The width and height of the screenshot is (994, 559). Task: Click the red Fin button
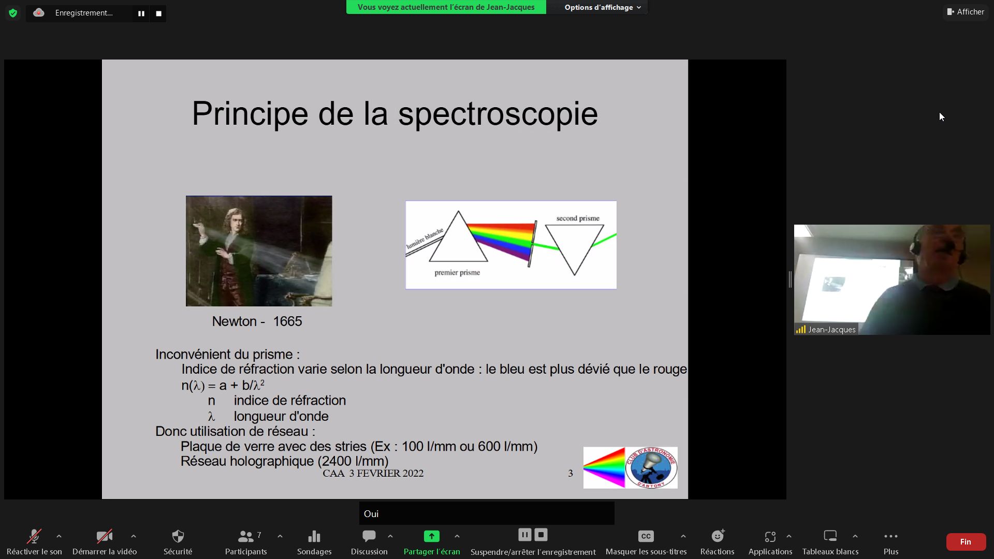pyautogui.click(x=966, y=542)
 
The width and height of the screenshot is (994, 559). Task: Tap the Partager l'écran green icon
pyautogui.click(x=431, y=536)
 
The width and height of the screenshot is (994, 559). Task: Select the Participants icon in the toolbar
pyautogui.click(x=246, y=536)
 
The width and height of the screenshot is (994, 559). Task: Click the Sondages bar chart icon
pyautogui.click(x=314, y=536)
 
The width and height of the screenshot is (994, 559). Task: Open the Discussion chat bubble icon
pyautogui.click(x=369, y=536)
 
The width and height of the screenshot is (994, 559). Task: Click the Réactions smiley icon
pyautogui.click(x=718, y=536)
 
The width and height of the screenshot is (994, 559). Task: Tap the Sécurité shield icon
pyautogui.click(x=178, y=536)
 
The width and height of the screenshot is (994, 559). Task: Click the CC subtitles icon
pyautogui.click(x=646, y=536)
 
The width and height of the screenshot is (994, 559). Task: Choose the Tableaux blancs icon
pyautogui.click(x=830, y=536)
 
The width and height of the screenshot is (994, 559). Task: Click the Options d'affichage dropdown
pyautogui.click(x=603, y=7)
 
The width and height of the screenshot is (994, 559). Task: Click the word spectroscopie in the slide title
pyautogui.click(x=498, y=114)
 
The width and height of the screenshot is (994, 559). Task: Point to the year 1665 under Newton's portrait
pyautogui.click(x=287, y=321)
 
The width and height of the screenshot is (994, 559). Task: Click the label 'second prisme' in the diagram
pyautogui.click(x=578, y=218)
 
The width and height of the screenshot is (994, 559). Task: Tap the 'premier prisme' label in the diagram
pyautogui.click(x=457, y=273)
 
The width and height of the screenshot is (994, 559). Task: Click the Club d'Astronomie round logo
pyautogui.click(x=651, y=468)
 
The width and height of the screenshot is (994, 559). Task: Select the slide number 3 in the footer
pyautogui.click(x=571, y=474)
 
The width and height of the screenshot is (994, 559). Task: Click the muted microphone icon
pyautogui.click(x=34, y=536)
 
